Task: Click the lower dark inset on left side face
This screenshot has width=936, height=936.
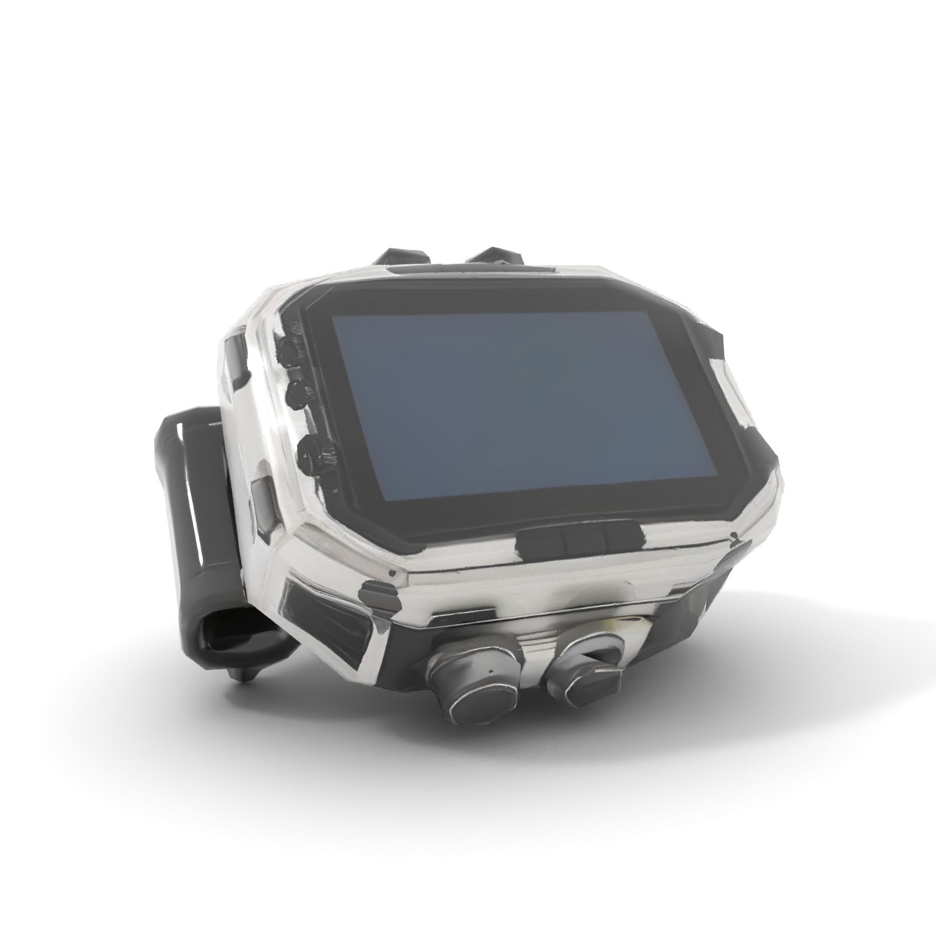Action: [x=264, y=504]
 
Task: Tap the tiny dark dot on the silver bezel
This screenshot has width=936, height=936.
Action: [x=392, y=573]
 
